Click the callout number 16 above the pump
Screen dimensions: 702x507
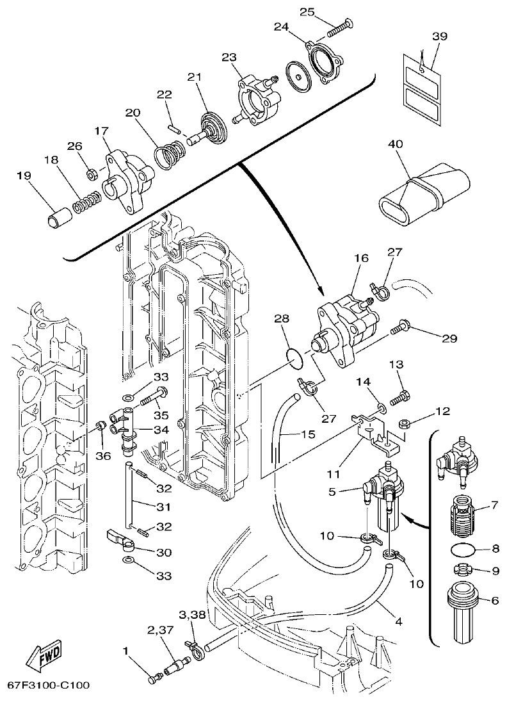pos(362,259)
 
